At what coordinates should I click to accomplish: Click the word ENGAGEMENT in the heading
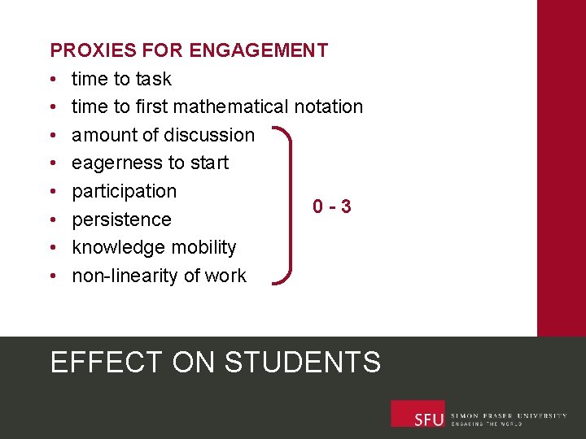pos(258,50)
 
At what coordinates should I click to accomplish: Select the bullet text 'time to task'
pos(121,79)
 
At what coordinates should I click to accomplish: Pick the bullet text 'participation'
pos(124,191)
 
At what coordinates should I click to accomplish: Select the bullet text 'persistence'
pos(121,219)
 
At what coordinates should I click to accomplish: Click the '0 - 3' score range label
pos(332,206)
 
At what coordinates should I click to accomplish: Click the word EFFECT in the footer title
pos(106,362)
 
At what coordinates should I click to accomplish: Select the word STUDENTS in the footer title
pos(302,362)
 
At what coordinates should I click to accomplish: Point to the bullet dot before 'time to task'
pos(51,80)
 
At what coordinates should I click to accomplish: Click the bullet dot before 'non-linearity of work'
pos(51,276)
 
